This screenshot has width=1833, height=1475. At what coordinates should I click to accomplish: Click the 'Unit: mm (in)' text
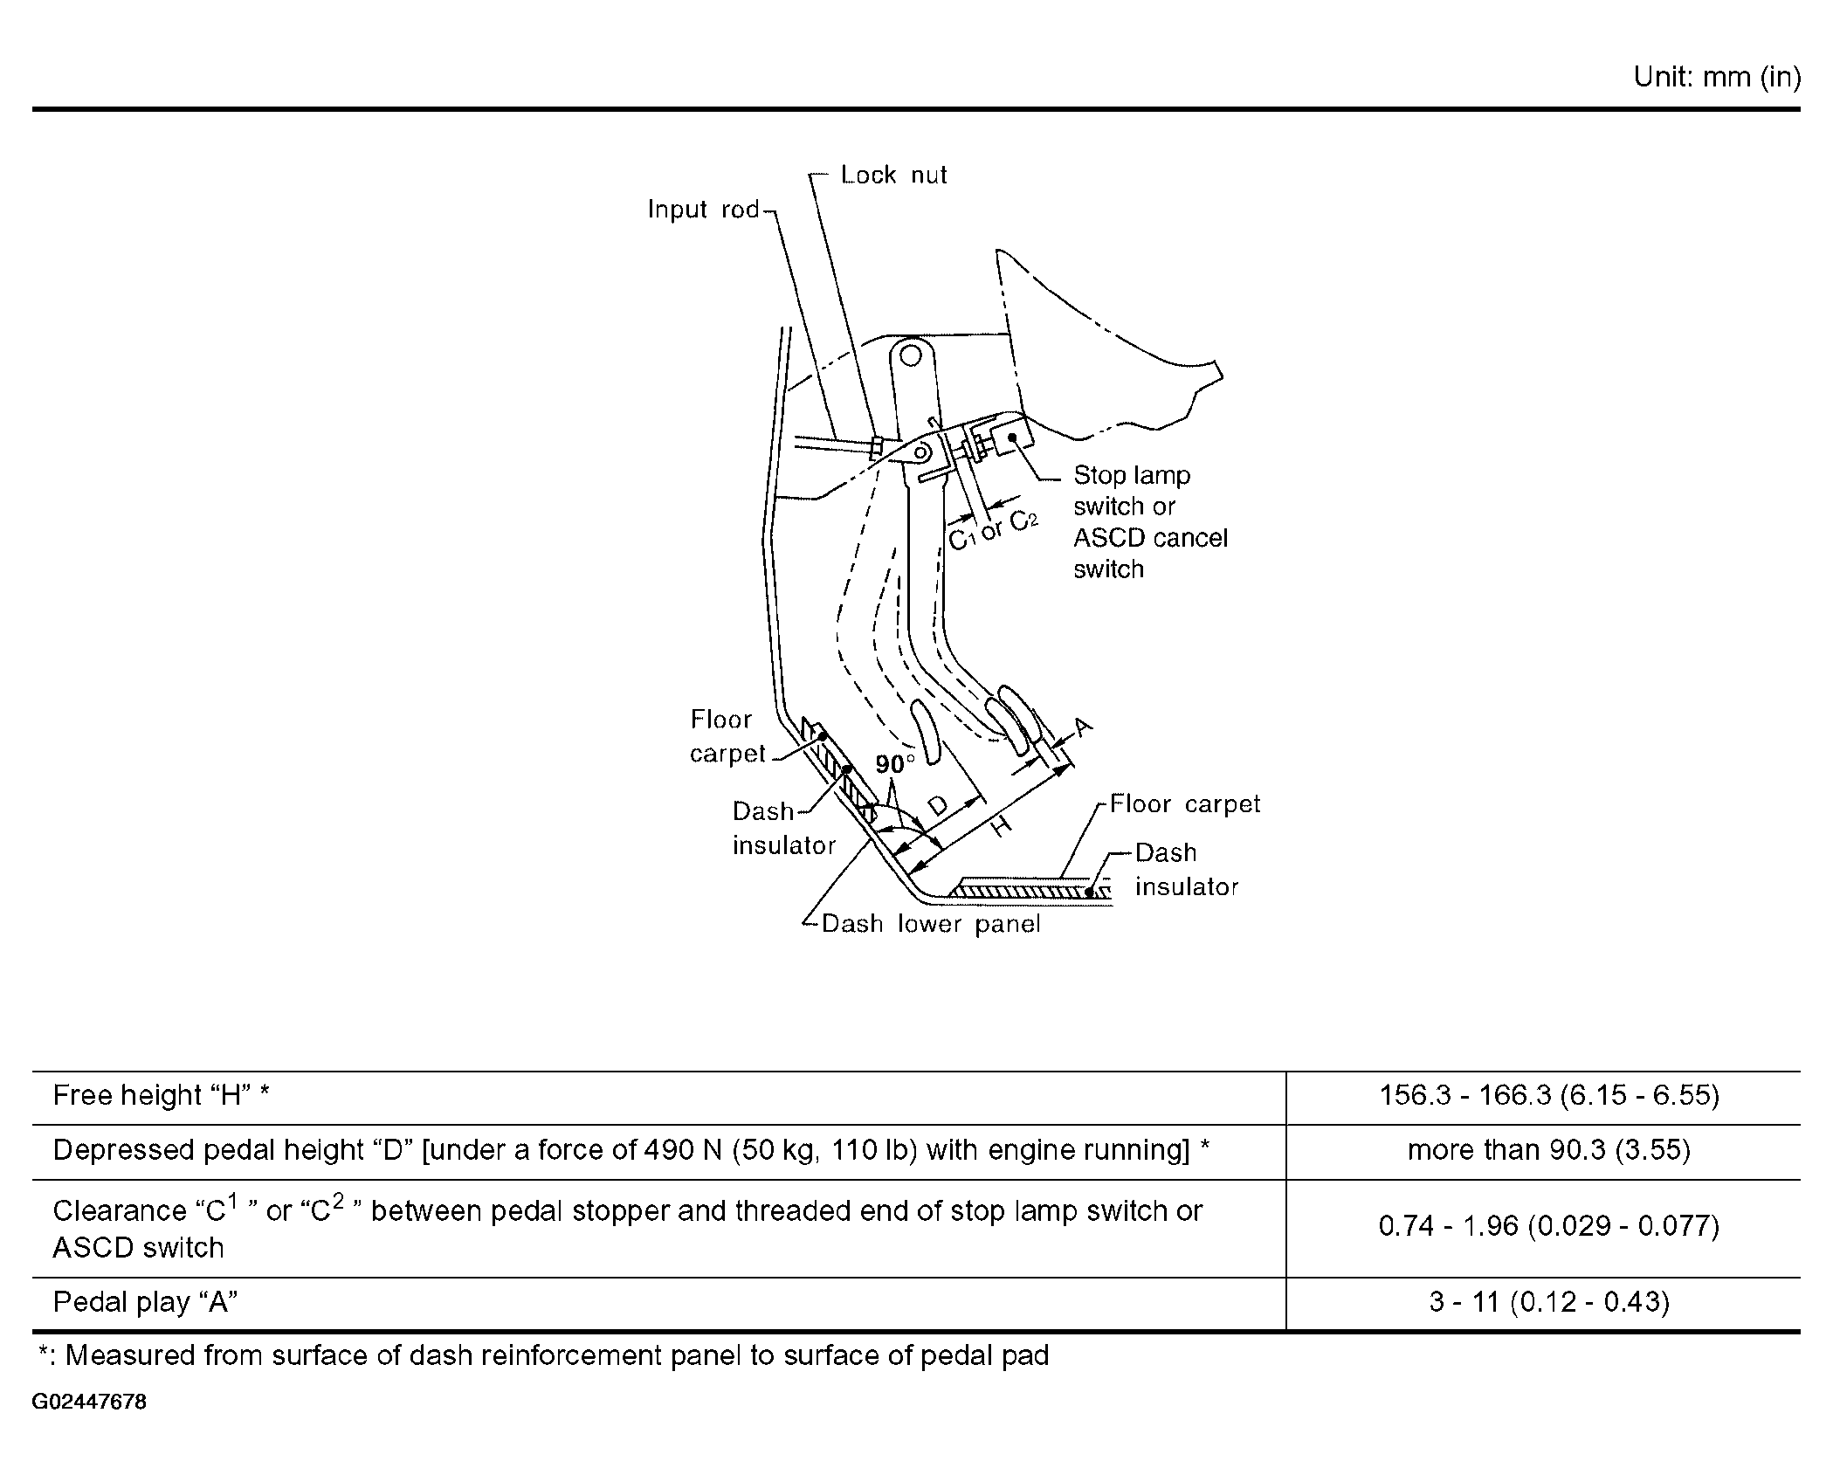(1716, 78)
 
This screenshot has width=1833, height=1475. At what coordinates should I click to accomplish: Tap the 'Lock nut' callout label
(893, 175)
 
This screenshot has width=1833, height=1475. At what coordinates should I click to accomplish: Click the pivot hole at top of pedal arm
(911, 355)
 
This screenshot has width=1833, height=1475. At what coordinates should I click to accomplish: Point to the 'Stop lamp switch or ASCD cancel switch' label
(1148, 521)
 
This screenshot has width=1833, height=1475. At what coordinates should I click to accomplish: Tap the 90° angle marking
(894, 764)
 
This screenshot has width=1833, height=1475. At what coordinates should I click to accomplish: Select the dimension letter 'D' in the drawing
(937, 804)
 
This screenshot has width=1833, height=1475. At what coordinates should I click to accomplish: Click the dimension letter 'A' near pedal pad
(1082, 726)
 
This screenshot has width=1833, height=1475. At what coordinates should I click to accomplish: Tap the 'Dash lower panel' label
(931, 924)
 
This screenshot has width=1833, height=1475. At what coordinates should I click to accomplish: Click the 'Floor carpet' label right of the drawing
(1184, 804)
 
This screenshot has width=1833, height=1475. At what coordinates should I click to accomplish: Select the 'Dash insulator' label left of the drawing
(782, 828)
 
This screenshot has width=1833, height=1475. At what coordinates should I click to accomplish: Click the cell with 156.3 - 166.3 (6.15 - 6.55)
(1548, 1095)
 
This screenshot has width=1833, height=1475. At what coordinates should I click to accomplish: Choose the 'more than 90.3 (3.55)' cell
(1548, 1150)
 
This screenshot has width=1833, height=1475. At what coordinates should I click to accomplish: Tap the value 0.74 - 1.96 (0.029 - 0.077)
(1548, 1226)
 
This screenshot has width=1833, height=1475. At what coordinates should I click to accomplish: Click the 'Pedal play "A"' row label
(146, 1302)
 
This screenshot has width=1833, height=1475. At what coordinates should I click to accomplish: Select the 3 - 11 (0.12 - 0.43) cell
(1548, 1302)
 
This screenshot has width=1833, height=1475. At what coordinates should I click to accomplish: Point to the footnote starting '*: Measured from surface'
(543, 1355)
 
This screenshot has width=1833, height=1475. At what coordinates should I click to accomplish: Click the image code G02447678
(89, 1403)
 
